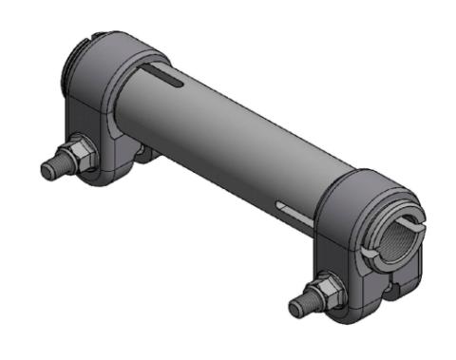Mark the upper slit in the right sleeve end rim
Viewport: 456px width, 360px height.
(x=405, y=204)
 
